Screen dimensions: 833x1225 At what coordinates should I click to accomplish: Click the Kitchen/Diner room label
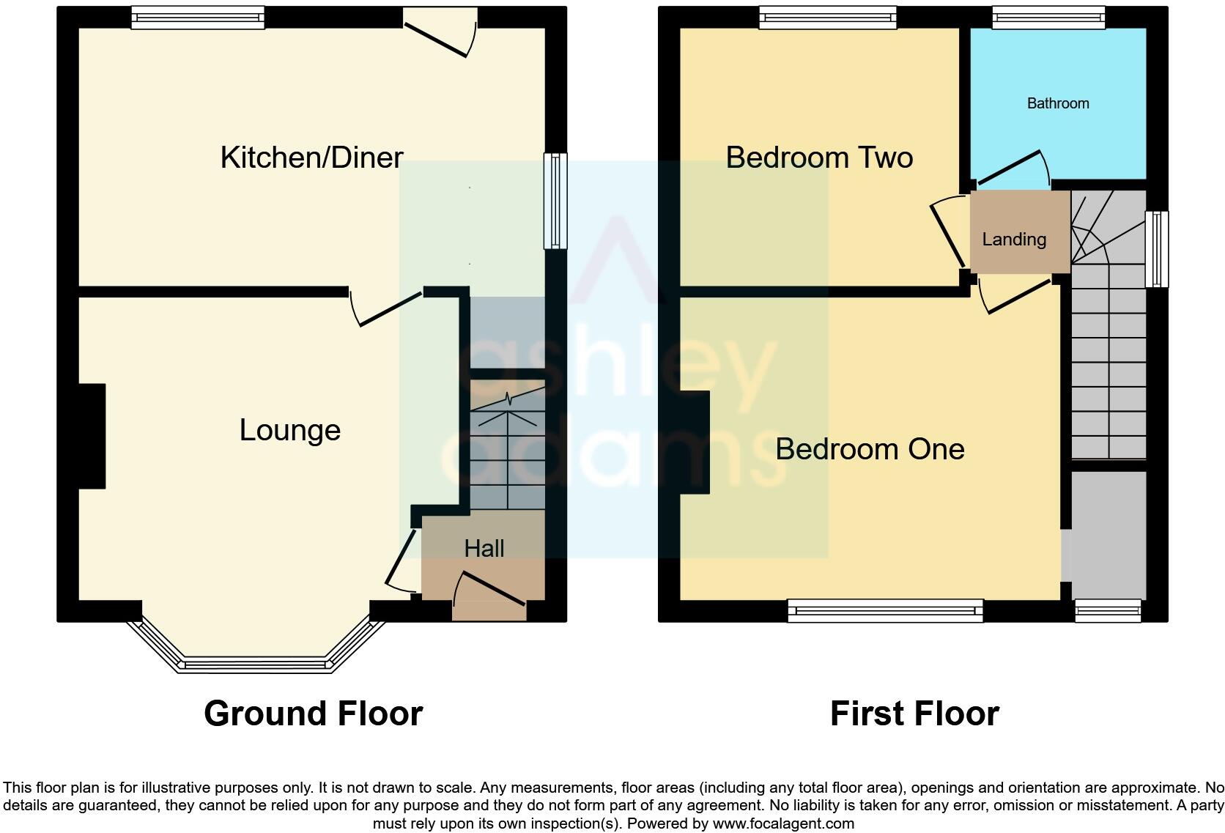pos(311,158)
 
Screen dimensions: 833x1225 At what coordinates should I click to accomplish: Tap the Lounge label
pos(290,430)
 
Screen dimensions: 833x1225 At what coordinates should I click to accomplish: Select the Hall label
pos(484,548)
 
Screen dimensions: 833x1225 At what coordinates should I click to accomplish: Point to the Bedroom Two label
pos(819,158)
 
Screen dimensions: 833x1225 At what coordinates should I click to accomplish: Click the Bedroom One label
pos(870,449)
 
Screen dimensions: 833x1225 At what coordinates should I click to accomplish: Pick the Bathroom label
pos(1058,103)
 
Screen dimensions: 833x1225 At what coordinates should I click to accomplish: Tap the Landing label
pos(1014,239)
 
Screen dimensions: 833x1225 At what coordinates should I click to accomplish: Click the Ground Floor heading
pos(314,714)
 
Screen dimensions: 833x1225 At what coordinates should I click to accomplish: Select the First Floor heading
pos(914,714)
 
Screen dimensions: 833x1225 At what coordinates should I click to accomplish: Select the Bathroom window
pos(1048,18)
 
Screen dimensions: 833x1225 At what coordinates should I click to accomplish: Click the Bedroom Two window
pos(828,18)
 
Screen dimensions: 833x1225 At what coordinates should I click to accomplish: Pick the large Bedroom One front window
pos(885,610)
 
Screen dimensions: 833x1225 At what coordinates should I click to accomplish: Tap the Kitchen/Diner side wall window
pos(555,200)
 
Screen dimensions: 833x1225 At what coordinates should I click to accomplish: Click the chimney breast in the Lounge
pos(92,436)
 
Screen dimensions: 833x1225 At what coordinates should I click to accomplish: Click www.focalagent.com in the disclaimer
pos(783,823)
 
